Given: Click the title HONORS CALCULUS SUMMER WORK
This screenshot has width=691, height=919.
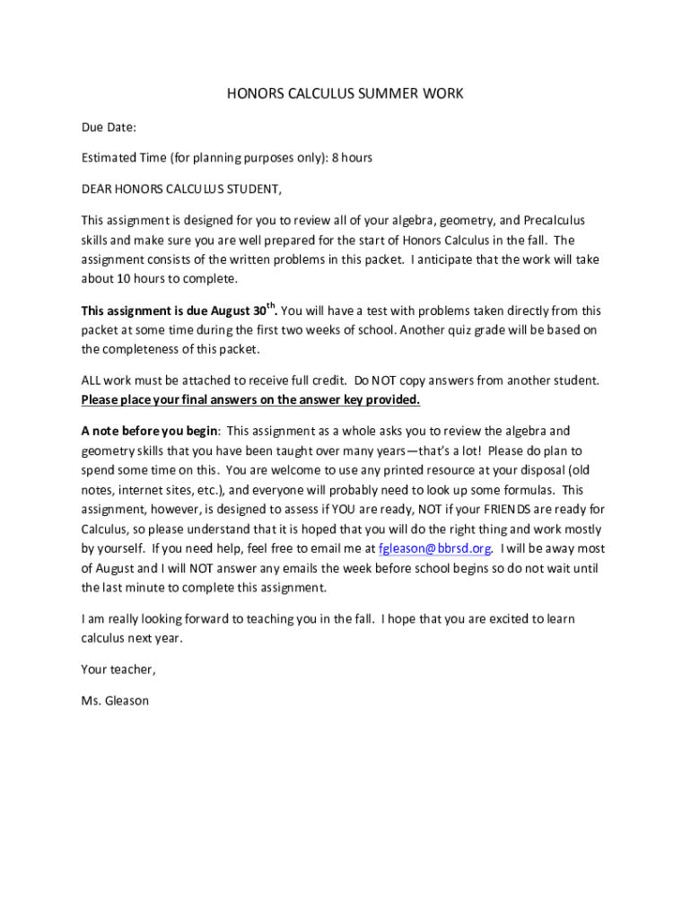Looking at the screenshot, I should (x=345, y=93).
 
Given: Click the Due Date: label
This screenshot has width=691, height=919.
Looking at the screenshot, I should (x=109, y=127).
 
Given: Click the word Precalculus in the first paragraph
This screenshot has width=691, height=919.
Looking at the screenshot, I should (x=554, y=221).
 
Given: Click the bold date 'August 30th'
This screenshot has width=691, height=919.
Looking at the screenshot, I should (x=243, y=311).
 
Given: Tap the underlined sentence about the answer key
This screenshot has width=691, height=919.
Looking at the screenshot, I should (x=250, y=400).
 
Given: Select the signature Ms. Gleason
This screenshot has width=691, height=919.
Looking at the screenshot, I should (x=115, y=701).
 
